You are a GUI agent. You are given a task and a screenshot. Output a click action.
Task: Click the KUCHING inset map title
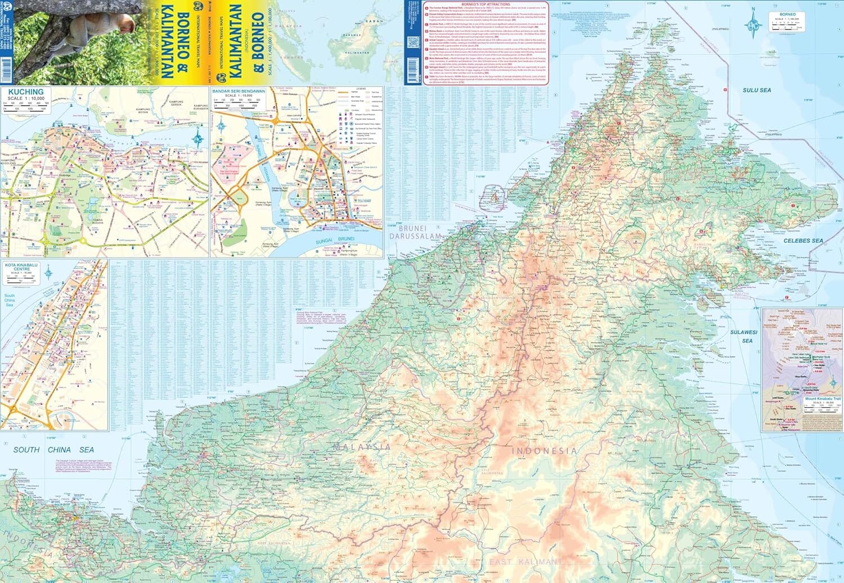pyautogui.click(x=26, y=92)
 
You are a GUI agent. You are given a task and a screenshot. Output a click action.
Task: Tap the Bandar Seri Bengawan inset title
pyautogui.click(x=239, y=91)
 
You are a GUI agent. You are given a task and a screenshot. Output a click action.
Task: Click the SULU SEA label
pyautogui.click(x=756, y=90)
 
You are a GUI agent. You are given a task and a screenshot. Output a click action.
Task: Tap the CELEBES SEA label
pyautogui.click(x=803, y=241)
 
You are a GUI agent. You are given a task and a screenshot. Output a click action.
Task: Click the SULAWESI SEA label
pyautogui.click(x=743, y=336)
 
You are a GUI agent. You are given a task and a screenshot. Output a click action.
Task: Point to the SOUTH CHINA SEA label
pyautogui.click(x=53, y=450)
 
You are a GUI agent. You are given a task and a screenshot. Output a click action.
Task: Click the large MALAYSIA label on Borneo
pyautogui.click(x=362, y=447)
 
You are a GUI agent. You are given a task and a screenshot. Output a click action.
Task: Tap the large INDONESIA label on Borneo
pyautogui.click(x=544, y=451)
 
